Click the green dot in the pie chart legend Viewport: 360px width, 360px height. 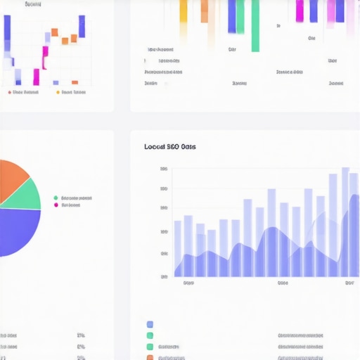pos(56,198)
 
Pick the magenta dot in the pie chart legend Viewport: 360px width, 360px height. pos(56,205)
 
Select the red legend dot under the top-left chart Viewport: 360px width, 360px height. pos(10,92)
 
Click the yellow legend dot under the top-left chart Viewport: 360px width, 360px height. pos(57,92)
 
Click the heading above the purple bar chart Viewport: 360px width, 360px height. pos(169,147)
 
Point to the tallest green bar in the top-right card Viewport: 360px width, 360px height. pos(255,25)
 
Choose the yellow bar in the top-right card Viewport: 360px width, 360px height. pos(184,11)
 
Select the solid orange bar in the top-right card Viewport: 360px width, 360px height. pos(205,11)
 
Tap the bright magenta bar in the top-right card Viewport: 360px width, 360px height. pos(300,11)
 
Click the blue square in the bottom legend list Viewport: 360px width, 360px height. pos(150,325)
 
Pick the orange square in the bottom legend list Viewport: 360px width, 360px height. pos(150,357)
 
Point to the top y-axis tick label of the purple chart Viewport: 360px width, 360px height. pos(164,169)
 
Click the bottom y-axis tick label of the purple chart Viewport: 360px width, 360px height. pos(164,276)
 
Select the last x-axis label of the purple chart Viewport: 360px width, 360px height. pos(349,283)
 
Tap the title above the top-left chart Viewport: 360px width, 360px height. pos(32,4)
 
